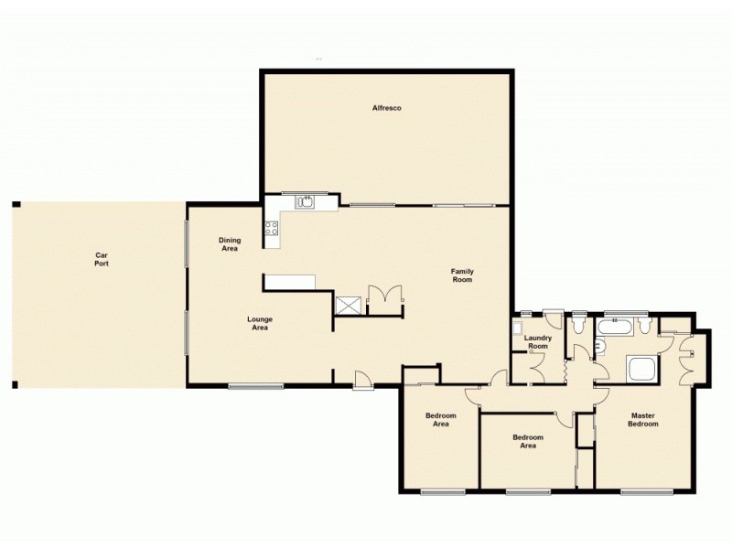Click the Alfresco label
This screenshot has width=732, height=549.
tap(386, 108)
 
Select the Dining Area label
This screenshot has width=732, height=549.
tap(229, 243)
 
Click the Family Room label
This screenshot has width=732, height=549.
tap(461, 274)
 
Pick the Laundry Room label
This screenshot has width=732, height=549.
tap(537, 341)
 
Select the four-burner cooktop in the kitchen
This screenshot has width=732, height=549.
tap(272, 230)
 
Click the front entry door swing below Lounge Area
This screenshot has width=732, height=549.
tap(362, 378)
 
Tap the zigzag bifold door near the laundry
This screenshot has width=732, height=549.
tap(568, 371)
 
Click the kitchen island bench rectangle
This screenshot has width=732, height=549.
tap(289, 281)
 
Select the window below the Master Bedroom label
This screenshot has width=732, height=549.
tap(640, 492)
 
